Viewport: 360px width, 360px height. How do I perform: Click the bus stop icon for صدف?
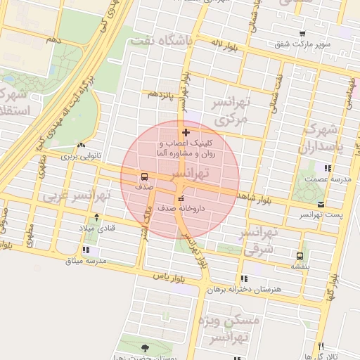click(144, 176)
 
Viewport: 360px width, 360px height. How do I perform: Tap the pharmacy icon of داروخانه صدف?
click(181, 198)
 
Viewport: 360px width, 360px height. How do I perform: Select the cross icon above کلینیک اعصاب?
click(186, 132)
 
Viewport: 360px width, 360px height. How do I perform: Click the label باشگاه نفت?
click(161, 41)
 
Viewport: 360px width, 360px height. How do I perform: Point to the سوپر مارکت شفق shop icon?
click(302, 34)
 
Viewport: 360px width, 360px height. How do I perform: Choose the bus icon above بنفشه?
click(300, 256)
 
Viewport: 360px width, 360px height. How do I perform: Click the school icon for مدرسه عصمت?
click(326, 168)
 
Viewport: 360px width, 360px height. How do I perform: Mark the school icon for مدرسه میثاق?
click(86, 250)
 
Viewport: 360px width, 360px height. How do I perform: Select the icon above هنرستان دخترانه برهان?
click(244, 278)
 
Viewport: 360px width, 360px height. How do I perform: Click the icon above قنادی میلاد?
click(96, 217)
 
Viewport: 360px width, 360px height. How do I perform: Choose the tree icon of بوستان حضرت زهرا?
click(146, 347)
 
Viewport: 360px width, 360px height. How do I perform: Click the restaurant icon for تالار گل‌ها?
click(321, 346)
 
